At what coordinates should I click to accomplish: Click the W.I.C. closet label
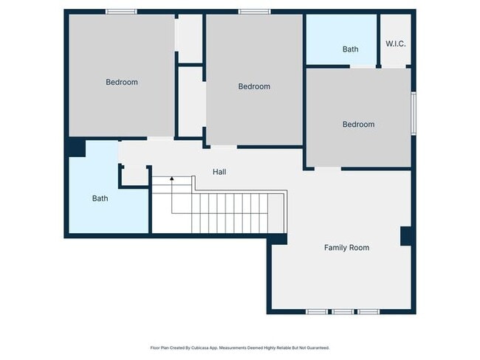[x=396, y=44]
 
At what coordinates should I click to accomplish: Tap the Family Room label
[x=346, y=247]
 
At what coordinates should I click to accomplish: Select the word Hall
[x=219, y=172]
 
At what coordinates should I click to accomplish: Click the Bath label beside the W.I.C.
[x=350, y=49]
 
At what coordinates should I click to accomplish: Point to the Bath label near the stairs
[x=100, y=198]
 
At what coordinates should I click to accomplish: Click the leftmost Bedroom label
[x=122, y=82]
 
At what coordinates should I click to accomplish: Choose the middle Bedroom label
[x=254, y=86]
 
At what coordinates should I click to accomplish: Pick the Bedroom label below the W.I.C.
[x=358, y=125]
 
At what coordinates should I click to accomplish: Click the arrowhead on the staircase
[x=172, y=179]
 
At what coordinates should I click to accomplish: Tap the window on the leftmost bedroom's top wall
[x=122, y=12]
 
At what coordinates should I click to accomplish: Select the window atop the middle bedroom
[x=254, y=12]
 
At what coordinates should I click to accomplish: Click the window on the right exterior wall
[x=414, y=114]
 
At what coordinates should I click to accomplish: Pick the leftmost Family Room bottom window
[x=317, y=311]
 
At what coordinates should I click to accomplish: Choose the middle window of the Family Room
[x=343, y=311]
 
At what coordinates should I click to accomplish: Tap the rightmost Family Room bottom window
[x=368, y=311]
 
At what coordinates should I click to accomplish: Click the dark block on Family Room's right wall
[x=406, y=236]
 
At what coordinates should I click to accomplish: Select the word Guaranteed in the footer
[x=318, y=347]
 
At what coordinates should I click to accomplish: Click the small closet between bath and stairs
[x=134, y=176]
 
